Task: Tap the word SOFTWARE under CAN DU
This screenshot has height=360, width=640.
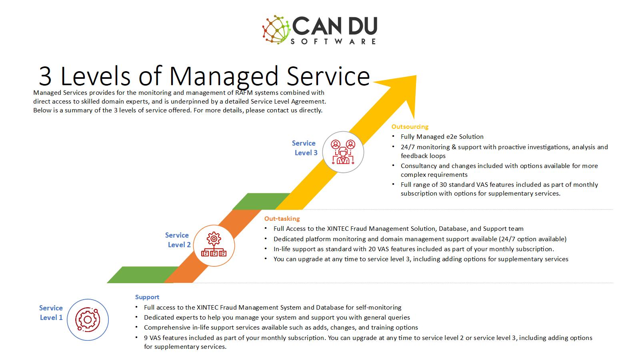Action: click(x=334, y=42)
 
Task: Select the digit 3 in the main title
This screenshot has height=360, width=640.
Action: click(x=45, y=76)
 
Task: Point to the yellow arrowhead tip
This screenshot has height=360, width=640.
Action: click(x=416, y=76)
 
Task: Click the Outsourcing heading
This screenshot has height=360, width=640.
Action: click(x=410, y=126)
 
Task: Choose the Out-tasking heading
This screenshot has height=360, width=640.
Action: click(x=282, y=218)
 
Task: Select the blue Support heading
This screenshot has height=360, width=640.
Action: click(x=147, y=297)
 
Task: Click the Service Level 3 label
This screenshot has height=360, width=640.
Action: click(x=305, y=148)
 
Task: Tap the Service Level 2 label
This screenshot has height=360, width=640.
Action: click(x=178, y=240)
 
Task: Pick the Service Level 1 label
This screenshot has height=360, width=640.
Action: click(x=51, y=313)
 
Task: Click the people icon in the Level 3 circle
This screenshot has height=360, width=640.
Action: click(x=343, y=152)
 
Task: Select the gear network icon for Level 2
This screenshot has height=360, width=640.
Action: click(x=214, y=244)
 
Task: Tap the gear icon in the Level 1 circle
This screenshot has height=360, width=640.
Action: click(x=88, y=320)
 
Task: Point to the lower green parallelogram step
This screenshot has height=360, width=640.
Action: click(x=143, y=275)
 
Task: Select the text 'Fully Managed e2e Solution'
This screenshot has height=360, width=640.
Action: click(x=442, y=136)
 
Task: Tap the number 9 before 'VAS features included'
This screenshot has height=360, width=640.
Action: click(x=146, y=338)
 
